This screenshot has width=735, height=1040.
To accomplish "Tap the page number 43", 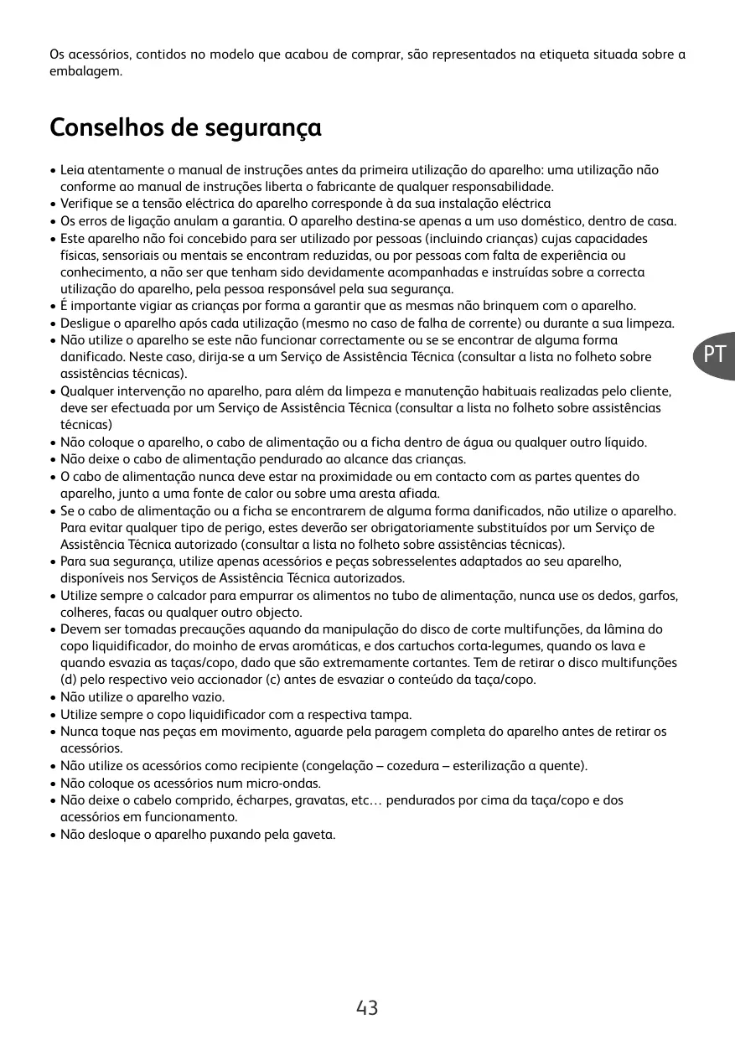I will tap(367, 1007).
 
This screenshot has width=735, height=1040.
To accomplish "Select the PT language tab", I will tap(714, 354).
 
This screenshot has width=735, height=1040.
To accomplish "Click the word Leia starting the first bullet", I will tap(72, 170).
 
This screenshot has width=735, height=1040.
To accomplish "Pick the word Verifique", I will tap(88, 204).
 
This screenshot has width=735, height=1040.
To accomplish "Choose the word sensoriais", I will tap(126, 255).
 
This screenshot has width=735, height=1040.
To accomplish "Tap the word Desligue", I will tap(87, 323).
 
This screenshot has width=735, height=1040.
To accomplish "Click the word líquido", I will tap(624, 442).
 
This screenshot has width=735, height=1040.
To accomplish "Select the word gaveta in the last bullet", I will tap(314, 835).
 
